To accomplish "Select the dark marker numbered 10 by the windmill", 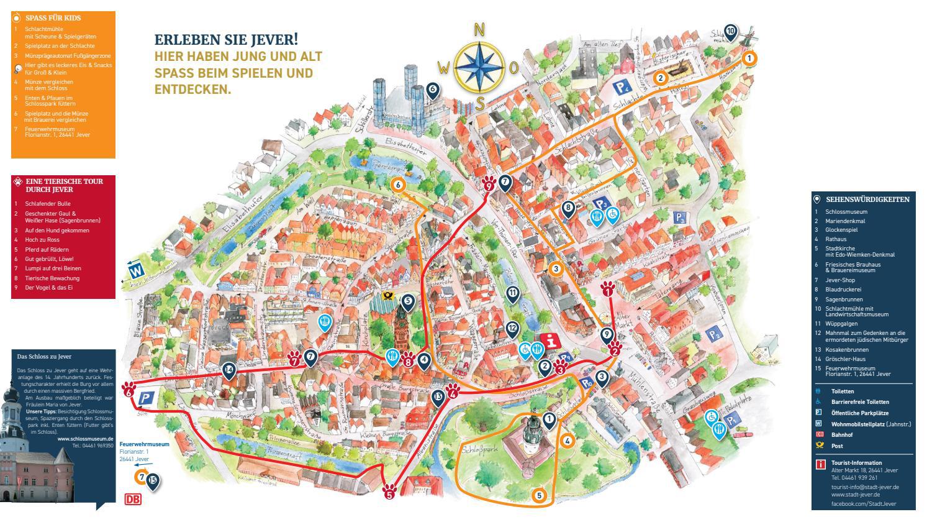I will [730, 32].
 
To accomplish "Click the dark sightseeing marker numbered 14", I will [229, 370].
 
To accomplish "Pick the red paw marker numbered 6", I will [129, 390].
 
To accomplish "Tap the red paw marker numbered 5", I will [390, 492].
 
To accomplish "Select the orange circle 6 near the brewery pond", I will [398, 185].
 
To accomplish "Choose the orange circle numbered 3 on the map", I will [556, 269].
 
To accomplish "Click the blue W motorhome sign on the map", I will [135, 271].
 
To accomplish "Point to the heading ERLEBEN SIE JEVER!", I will [226, 40].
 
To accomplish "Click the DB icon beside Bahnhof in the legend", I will [819, 434].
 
